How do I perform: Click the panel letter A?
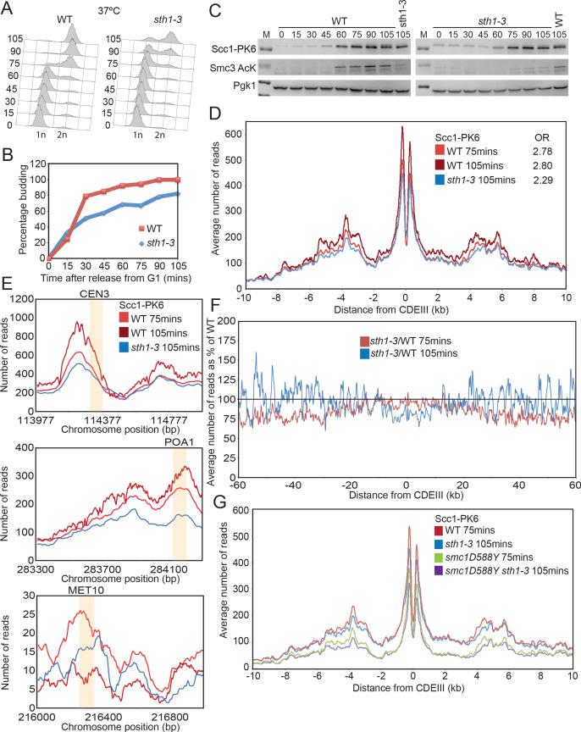tap(7, 8)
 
